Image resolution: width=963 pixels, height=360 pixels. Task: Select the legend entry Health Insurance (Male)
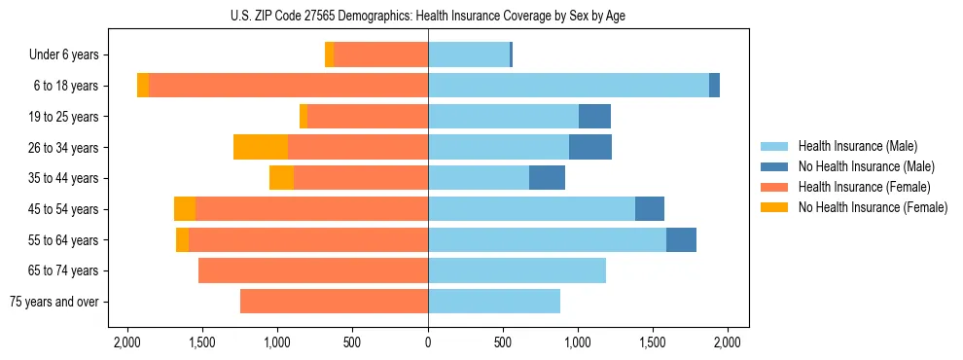tap(851, 146)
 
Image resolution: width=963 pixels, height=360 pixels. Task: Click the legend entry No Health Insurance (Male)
tap(857, 166)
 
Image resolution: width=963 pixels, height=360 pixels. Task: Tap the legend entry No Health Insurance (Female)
tap(862, 207)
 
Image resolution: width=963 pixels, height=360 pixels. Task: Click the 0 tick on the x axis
tap(428, 342)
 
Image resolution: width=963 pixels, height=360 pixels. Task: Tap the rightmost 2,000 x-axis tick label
tap(728, 342)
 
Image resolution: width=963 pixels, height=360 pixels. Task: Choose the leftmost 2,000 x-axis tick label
tap(127, 342)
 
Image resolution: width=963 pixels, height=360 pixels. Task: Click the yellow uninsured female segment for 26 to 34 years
tap(261, 147)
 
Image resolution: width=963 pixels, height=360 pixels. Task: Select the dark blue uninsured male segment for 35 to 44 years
tap(547, 178)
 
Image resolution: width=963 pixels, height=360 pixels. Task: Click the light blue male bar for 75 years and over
tap(494, 302)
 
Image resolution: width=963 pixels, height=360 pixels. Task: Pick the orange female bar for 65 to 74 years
tap(313, 270)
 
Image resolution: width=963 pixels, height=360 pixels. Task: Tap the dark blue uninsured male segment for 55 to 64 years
tap(681, 239)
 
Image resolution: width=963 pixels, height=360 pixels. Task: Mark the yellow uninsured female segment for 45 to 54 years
tap(185, 209)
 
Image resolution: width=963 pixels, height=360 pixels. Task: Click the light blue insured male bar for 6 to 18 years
tap(568, 86)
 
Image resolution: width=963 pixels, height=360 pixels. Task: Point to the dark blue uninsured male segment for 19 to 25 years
tap(594, 117)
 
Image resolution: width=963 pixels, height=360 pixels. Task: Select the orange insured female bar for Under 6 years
tap(380, 55)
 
